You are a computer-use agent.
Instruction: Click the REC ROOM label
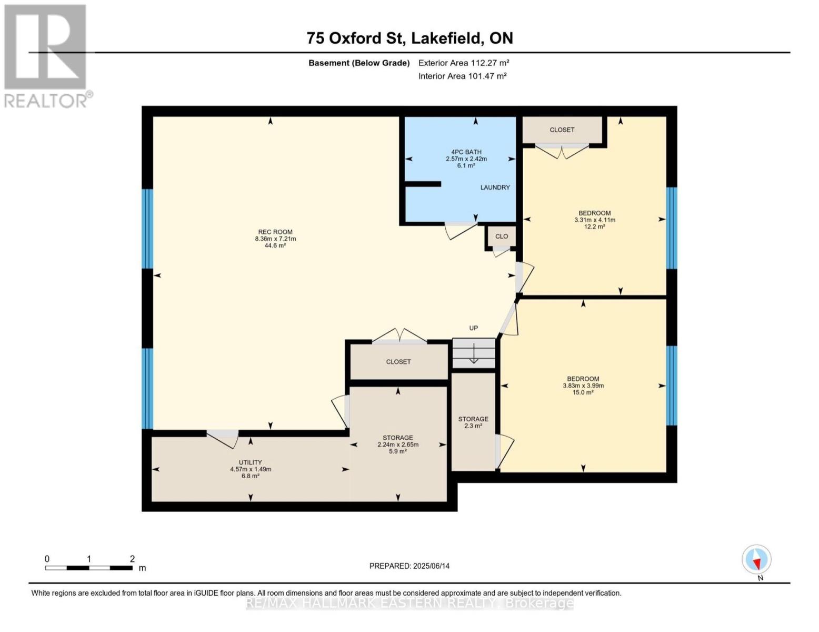pyautogui.click(x=275, y=232)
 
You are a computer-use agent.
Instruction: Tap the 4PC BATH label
pyautogui.click(x=466, y=152)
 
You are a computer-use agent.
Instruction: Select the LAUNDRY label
pyautogui.click(x=495, y=187)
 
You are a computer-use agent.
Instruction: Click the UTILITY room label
pyautogui.click(x=250, y=462)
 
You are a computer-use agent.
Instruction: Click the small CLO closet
pyautogui.click(x=502, y=236)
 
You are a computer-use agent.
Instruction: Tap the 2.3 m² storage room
pyautogui.click(x=473, y=422)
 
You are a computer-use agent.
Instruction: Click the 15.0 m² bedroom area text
pyautogui.click(x=583, y=392)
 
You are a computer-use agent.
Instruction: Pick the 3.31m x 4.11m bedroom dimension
pyautogui.click(x=595, y=220)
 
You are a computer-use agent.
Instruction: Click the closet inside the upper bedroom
pyautogui.click(x=562, y=130)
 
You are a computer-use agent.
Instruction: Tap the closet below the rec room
pyautogui.click(x=398, y=362)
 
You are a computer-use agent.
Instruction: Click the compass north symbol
pyautogui.click(x=757, y=560)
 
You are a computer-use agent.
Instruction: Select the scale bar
pyautogui.click(x=88, y=568)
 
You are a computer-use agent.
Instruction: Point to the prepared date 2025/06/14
pyautogui.click(x=409, y=566)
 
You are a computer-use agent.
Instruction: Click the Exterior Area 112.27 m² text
pyautogui.click(x=464, y=63)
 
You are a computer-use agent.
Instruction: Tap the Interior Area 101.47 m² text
pyautogui.click(x=462, y=76)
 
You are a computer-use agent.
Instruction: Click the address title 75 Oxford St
pyautogui.click(x=409, y=38)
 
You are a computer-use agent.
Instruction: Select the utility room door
pyautogui.click(x=223, y=438)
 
